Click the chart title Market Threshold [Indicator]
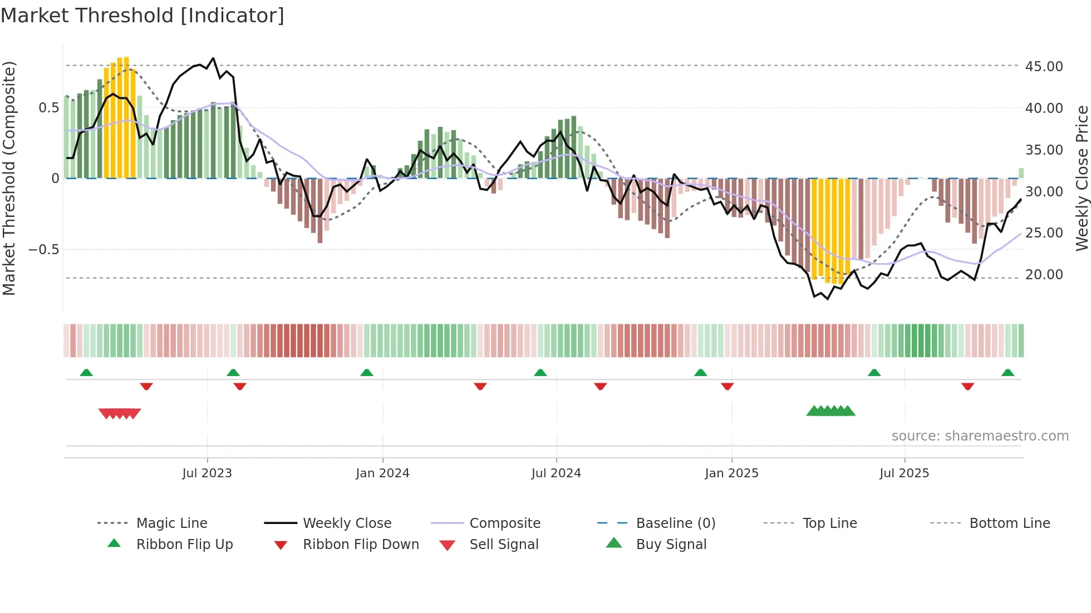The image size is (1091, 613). click(x=142, y=16)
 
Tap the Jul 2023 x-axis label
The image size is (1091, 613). click(x=207, y=473)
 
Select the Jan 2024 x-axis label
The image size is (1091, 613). click(x=382, y=473)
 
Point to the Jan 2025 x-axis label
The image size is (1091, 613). click(x=731, y=473)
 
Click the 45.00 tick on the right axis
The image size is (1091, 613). click(x=1044, y=66)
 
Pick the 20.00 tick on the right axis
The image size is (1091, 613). click(x=1044, y=274)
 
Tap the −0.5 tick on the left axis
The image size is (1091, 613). click(x=43, y=249)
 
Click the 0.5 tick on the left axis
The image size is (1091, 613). click(x=48, y=107)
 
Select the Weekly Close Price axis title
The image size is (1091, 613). click(x=1082, y=178)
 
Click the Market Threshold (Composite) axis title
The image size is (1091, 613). click(x=9, y=178)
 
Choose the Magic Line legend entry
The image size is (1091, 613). click(x=171, y=523)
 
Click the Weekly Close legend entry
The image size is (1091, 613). click(x=347, y=523)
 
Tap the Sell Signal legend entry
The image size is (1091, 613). click(x=504, y=544)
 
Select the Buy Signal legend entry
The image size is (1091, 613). click(x=671, y=544)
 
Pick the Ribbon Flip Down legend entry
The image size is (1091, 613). click(x=361, y=544)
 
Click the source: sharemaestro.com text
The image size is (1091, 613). click(x=980, y=436)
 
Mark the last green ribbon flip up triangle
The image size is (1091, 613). click(x=1008, y=373)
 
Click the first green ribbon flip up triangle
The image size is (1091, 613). click(x=86, y=373)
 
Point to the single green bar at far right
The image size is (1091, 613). click(x=1021, y=173)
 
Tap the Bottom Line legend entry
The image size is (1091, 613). click(x=1009, y=523)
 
